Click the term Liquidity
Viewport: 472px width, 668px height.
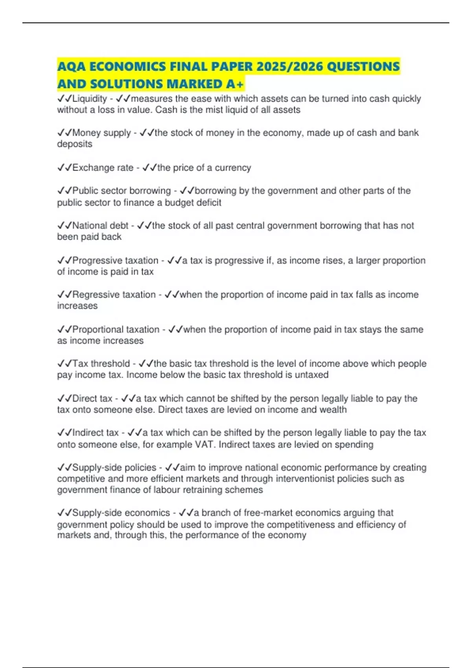tap(90, 99)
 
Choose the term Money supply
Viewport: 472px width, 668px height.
tap(101, 133)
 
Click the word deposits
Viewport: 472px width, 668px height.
tap(75, 144)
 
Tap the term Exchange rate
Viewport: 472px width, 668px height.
tap(103, 168)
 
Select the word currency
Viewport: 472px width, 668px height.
tap(233, 168)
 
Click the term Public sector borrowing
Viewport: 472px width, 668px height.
tap(122, 191)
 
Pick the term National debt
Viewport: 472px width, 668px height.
tap(101, 226)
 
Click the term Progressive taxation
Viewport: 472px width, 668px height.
tap(115, 261)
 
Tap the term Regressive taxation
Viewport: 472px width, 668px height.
tap(114, 295)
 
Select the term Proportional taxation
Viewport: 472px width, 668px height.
tap(116, 330)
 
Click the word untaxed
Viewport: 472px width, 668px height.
tap(312, 375)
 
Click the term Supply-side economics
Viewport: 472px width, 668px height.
tap(121, 513)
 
